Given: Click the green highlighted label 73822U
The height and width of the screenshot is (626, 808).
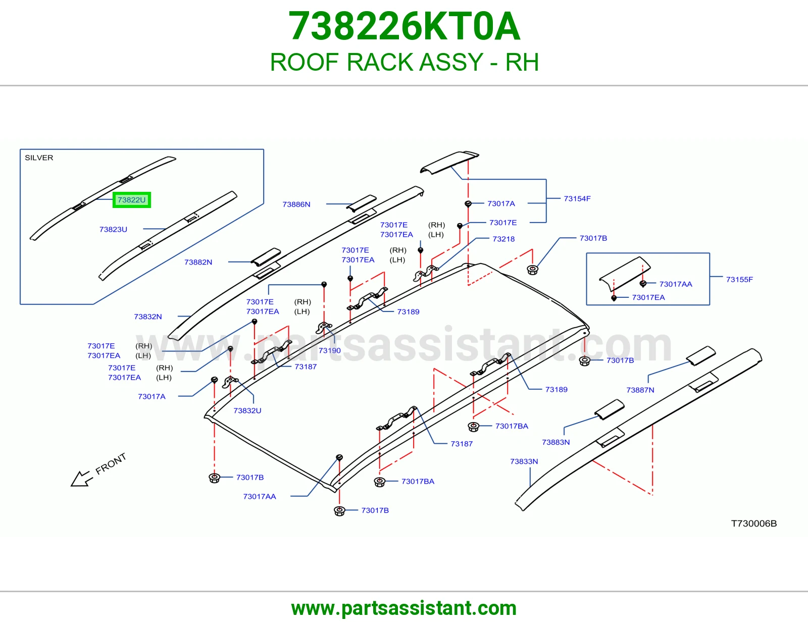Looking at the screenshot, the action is tap(132, 200).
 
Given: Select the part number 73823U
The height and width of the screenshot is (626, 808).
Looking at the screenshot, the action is tap(114, 229).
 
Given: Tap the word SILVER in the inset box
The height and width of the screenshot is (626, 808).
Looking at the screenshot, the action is tap(39, 158).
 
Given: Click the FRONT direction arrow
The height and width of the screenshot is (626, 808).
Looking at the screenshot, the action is tap(81, 479).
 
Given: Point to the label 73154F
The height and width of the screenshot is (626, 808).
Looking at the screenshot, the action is tap(577, 198).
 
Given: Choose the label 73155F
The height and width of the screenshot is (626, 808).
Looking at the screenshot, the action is tap(739, 280).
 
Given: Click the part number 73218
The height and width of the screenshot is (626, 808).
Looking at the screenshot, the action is tap(503, 239).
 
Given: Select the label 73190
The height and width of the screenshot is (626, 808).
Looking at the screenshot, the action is tap(329, 350).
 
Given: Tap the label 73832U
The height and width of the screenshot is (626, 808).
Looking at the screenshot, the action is tap(247, 411).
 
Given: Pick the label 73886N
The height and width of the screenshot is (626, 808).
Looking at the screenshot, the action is tap(296, 204).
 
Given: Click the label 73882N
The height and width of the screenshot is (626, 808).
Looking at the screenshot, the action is tap(198, 263).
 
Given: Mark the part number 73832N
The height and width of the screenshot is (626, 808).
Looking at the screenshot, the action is tap(148, 317).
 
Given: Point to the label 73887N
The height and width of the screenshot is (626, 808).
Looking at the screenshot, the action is tap(640, 390).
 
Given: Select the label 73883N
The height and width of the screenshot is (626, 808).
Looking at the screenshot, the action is tap(556, 442).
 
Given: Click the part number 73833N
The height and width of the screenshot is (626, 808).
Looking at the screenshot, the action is tap(524, 461).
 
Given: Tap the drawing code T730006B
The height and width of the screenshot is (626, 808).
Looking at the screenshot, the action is tap(754, 524).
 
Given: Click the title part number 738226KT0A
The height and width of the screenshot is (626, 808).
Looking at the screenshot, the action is tap(404, 26).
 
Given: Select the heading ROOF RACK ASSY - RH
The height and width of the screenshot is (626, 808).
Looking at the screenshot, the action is tap(404, 62).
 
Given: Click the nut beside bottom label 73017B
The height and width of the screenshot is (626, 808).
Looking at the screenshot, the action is tap(339, 511).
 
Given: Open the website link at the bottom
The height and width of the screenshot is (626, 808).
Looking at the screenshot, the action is tap(404, 608).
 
